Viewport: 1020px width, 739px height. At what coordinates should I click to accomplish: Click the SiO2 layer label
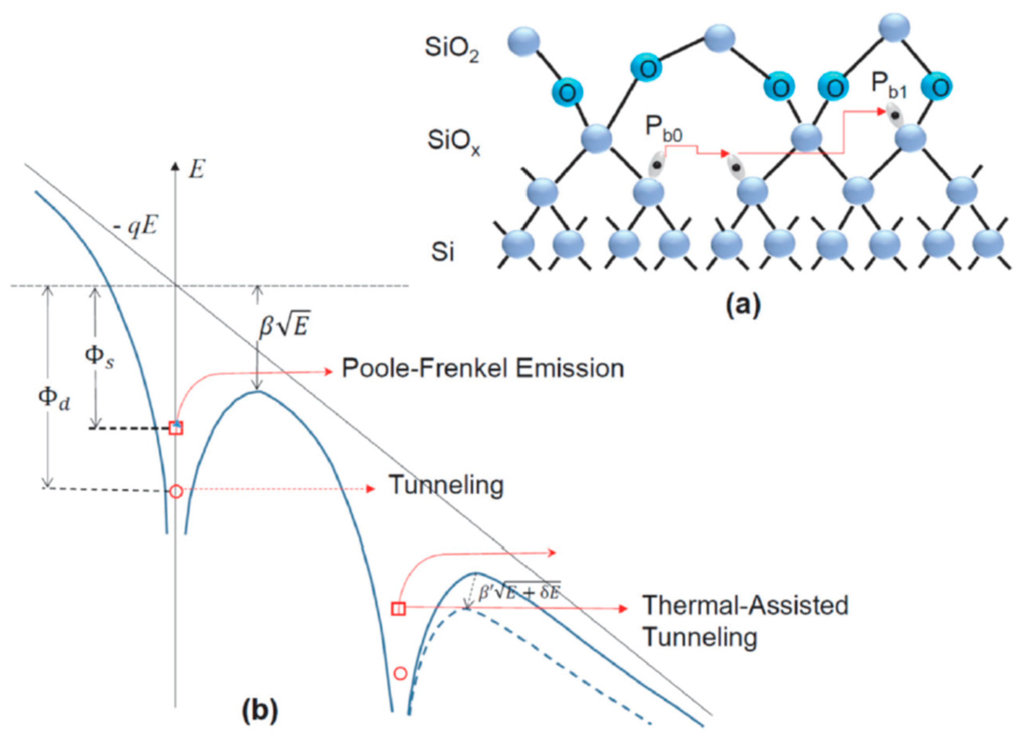(x=452, y=49)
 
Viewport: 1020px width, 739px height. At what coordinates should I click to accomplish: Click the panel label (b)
(x=260, y=711)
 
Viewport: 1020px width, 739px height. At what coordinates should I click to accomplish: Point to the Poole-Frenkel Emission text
(x=483, y=369)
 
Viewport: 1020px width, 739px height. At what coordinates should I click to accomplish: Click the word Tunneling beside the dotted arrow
(x=446, y=486)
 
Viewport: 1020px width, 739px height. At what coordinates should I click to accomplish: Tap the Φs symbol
(x=99, y=358)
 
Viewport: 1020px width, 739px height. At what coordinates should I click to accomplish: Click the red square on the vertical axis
(x=176, y=428)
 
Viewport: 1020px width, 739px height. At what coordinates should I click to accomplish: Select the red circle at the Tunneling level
(x=176, y=492)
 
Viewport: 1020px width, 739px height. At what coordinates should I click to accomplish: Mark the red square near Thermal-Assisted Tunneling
(x=399, y=609)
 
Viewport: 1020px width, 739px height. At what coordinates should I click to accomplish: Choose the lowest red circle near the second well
(x=400, y=673)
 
